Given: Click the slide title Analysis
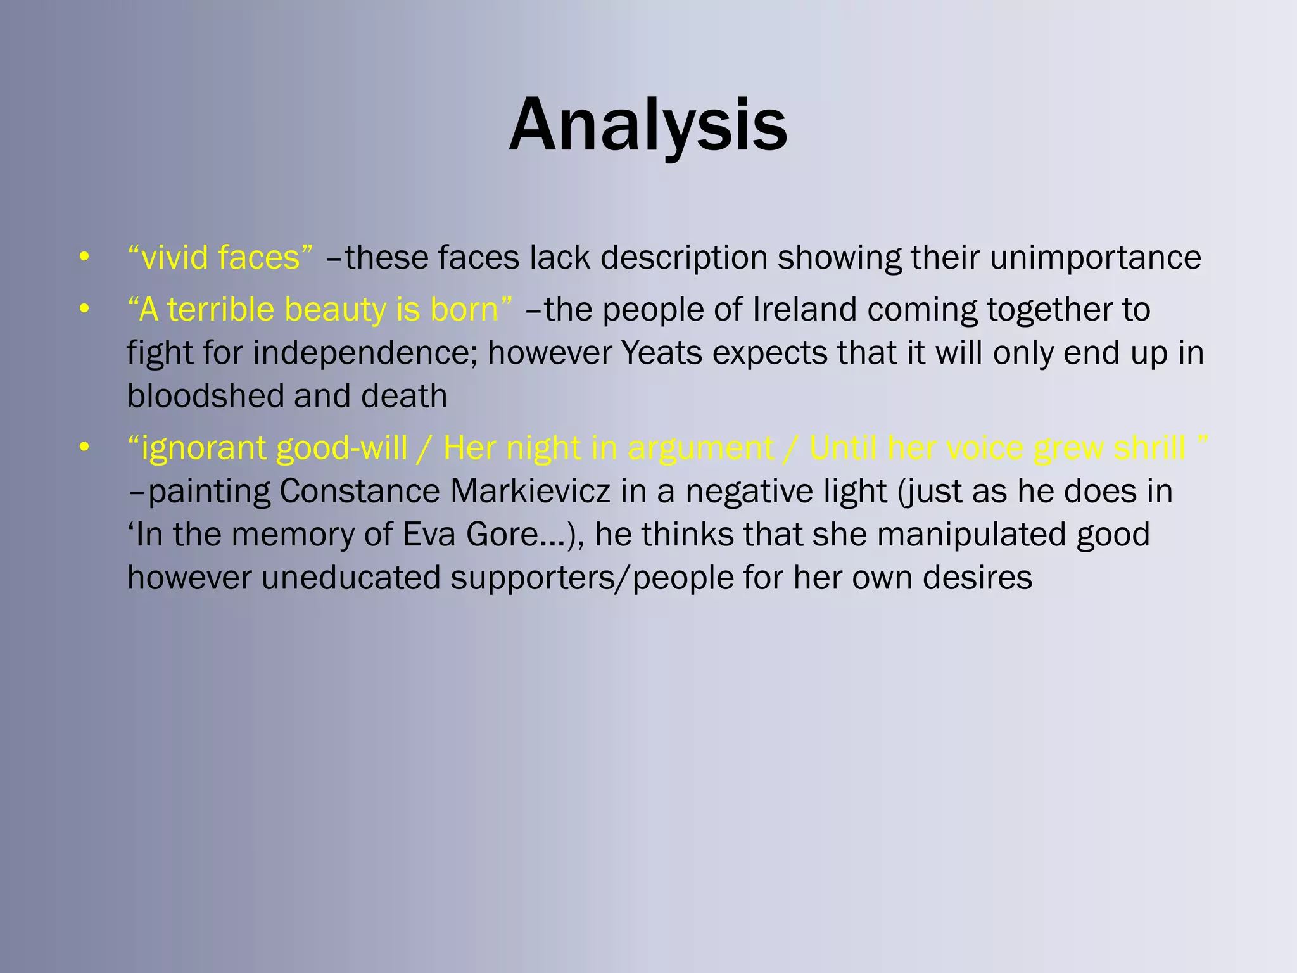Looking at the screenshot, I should coord(648,125).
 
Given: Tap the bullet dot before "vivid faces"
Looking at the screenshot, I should coord(84,258).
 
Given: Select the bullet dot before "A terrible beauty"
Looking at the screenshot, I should coord(84,310).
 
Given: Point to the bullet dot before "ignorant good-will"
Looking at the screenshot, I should coord(84,448).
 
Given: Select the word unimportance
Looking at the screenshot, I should coord(1095,258).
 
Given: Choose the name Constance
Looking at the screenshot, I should coord(360,491).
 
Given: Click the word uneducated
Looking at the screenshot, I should coord(350,578).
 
